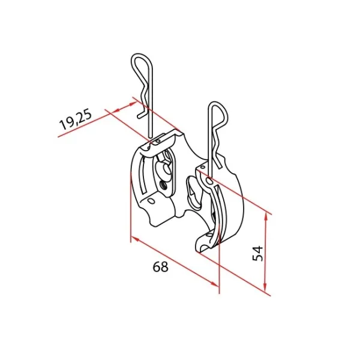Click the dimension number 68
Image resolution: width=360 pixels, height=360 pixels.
tap(160, 267)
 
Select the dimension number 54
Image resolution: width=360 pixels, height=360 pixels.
tap(257, 253)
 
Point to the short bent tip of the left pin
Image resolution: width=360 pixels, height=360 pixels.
tap(141, 115)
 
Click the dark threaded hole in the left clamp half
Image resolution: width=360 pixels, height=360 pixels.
tap(163, 184)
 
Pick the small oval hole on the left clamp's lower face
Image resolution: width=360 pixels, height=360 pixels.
tap(151, 201)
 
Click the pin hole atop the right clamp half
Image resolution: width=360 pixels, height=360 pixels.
tap(209, 181)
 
